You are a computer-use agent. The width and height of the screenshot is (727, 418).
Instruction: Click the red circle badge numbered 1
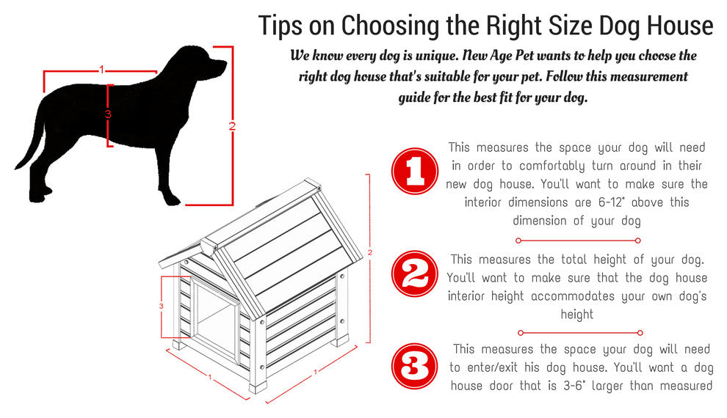pyautogui.click(x=414, y=171)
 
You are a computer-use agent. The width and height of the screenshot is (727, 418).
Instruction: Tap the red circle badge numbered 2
pyautogui.click(x=414, y=274)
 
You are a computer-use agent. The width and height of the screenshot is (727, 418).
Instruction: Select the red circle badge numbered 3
pyautogui.click(x=414, y=367)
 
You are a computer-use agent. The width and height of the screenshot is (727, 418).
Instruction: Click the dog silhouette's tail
pyautogui.click(x=29, y=144)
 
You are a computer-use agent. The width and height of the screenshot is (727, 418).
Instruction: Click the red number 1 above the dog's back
pyautogui.click(x=101, y=70)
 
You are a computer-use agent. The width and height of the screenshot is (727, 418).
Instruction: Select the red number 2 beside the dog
pyautogui.click(x=232, y=126)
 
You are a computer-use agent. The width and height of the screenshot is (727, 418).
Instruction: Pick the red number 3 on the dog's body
pyautogui.click(x=108, y=114)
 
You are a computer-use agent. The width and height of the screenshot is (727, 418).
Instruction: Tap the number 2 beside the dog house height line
pyautogui.click(x=370, y=253)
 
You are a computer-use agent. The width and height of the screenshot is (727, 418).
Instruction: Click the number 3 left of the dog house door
pyautogui.click(x=162, y=306)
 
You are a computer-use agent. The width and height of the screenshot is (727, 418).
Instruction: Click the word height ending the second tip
pyautogui.click(x=576, y=315)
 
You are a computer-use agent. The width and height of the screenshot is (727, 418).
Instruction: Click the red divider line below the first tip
pyautogui.click(x=578, y=241)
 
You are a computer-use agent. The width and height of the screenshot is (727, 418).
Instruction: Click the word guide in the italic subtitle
pyautogui.click(x=414, y=98)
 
